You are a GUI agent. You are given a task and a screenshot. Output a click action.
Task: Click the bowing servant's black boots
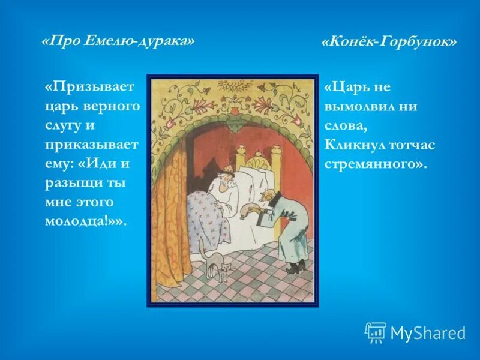pyautogui.click(x=293, y=267)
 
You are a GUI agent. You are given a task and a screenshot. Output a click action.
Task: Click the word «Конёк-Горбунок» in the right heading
pyautogui.click(x=389, y=42)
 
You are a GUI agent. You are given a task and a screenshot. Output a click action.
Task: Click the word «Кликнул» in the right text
pyautogui.click(x=355, y=145)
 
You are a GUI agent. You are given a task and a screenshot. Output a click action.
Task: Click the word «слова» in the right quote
pyautogui.click(x=345, y=125)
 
